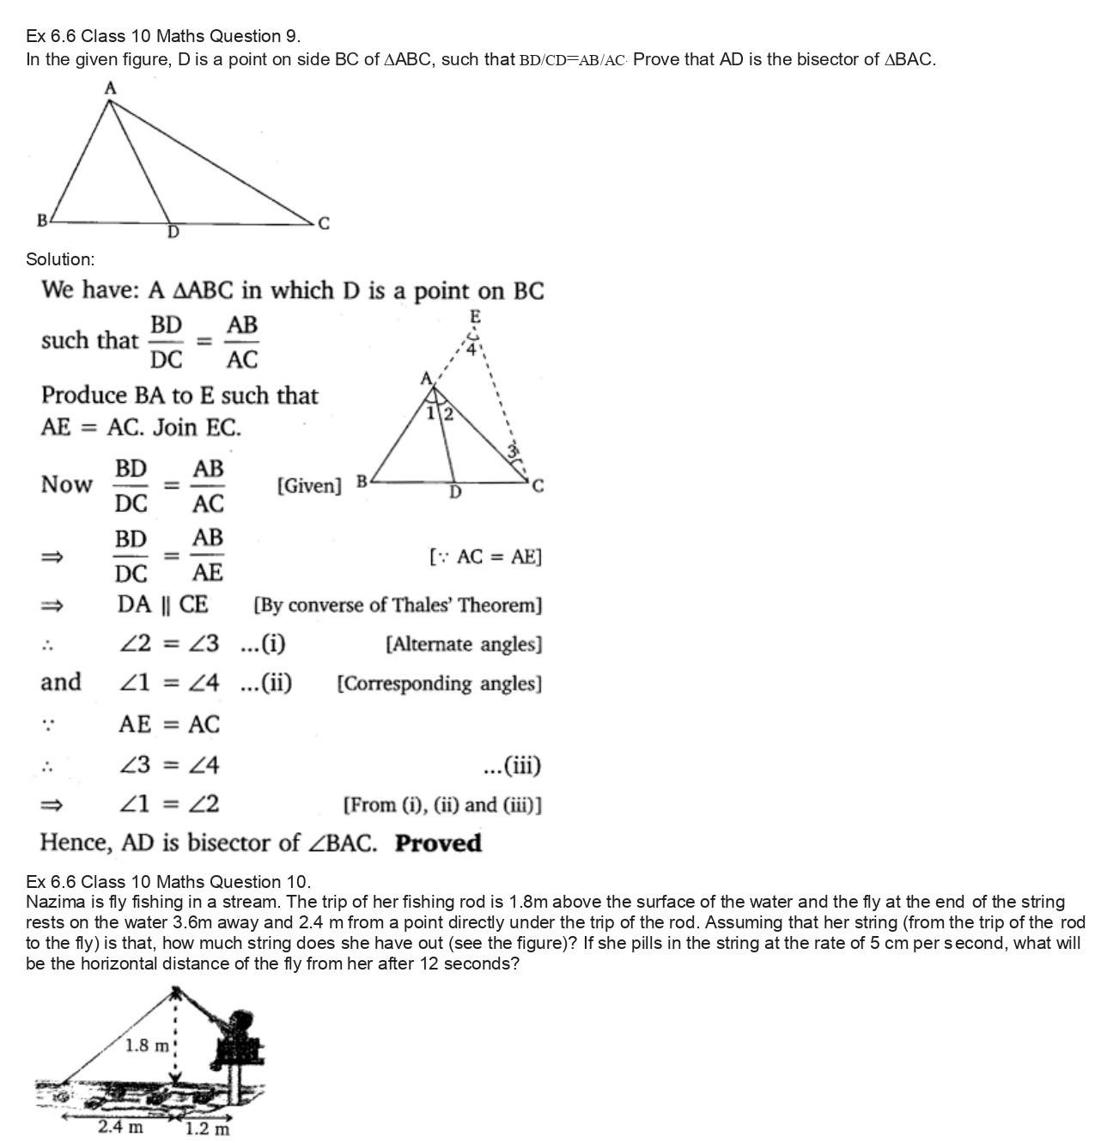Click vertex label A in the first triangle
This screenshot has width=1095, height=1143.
[110, 88]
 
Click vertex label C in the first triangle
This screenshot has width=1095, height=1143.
[323, 224]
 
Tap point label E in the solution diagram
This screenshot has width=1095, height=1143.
[475, 317]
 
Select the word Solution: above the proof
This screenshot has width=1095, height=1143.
[60, 259]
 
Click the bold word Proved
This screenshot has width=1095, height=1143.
[438, 842]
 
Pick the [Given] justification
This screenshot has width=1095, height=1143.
[309, 486]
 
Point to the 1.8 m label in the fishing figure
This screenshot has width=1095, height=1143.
[148, 1045]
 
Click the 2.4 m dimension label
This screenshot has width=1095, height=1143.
[120, 1127]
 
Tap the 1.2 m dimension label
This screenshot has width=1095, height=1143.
[208, 1128]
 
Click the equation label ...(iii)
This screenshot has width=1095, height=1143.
[512, 765]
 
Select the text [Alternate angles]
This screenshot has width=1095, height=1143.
[464, 644]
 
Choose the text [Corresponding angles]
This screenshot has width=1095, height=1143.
[439, 684]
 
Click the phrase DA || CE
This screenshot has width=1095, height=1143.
[162, 605]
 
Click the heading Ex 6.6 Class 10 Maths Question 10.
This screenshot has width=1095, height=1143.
[168, 882]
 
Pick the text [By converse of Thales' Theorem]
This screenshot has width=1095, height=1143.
[398, 605]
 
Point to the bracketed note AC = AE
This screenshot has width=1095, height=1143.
[485, 557]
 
